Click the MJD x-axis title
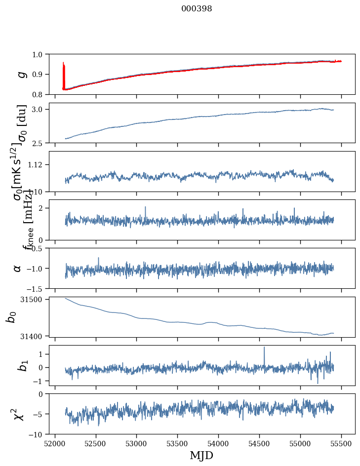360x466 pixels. [201, 455]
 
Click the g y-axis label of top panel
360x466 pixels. [21, 74]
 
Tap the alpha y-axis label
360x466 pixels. [17, 268]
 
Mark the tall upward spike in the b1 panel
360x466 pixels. [264, 348]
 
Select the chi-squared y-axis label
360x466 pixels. [19, 414]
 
